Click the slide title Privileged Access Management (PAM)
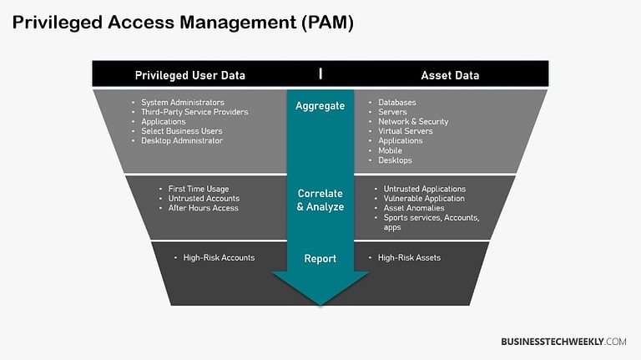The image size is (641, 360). [183, 23]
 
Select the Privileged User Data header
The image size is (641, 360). [190, 75]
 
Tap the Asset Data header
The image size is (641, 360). [450, 75]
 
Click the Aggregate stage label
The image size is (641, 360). [320, 106]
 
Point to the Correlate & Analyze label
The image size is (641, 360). [320, 200]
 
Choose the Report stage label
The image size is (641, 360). [320, 259]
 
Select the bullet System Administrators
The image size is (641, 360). [183, 103]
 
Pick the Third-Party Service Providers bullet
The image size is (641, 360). [194, 112]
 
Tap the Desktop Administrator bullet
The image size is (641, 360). [182, 140]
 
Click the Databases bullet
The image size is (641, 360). [397, 103]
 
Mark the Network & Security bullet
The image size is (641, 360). [413, 121]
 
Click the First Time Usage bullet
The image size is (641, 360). [199, 189]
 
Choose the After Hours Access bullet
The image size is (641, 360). [204, 208]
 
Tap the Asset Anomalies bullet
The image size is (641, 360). [414, 208]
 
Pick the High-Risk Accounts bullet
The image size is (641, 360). [219, 257]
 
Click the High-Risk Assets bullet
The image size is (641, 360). [409, 257]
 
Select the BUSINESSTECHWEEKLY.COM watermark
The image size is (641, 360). [563, 342]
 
